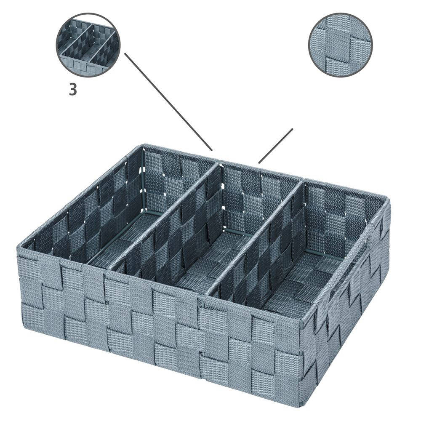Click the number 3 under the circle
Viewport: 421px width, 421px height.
coord(73,89)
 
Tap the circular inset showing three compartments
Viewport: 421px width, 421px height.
coord(88,45)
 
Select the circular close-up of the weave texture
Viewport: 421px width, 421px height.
coord(341,45)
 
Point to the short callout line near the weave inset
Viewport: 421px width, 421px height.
coord(275,146)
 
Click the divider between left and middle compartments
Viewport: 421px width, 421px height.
coord(164,215)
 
